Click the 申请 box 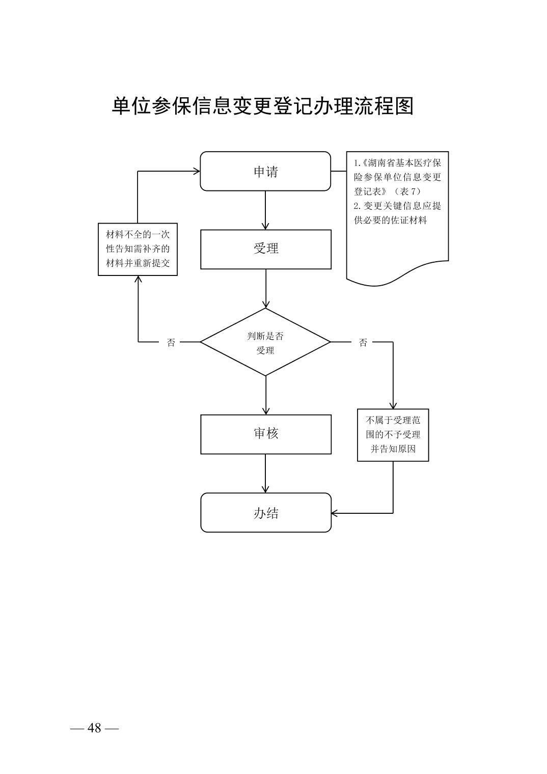coord(265,172)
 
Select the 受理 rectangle coord(265,249)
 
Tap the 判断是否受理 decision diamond coord(265,342)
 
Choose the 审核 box coord(265,434)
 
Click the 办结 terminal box coord(265,513)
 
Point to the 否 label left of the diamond coord(171,343)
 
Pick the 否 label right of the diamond coord(363,343)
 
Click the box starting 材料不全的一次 coord(138,249)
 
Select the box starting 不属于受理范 coord(393,435)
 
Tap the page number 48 coord(94,728)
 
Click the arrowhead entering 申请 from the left coord(197,172)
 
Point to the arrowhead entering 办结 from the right coord(335,513)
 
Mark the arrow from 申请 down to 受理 coord(265,210)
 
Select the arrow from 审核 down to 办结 coord(265,473)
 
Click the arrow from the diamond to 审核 coord(265,395)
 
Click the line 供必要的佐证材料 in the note coord(390,220)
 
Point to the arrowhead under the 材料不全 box coord(138,280)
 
